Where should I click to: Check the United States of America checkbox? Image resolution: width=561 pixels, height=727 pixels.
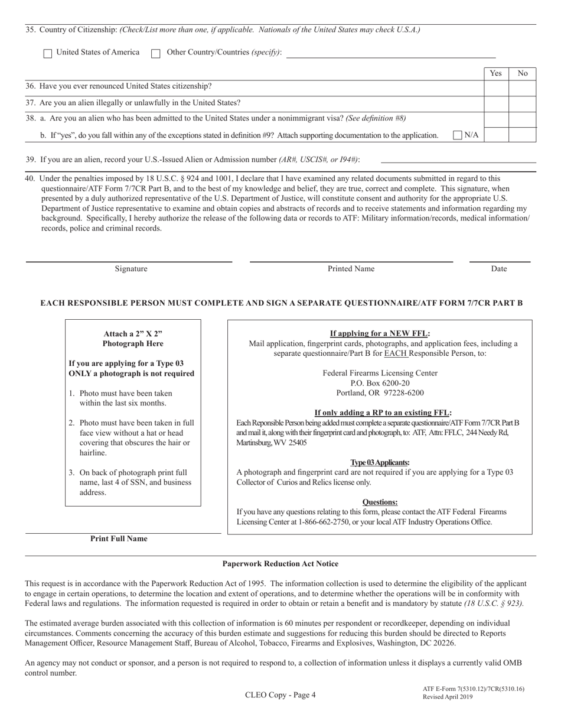coord(48,53)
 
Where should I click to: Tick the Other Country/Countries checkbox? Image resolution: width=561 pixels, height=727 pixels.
coord(156,53)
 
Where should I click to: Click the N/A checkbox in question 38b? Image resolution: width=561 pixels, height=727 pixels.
coord(458,135)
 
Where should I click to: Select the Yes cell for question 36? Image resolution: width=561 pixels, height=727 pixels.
coord(496,87)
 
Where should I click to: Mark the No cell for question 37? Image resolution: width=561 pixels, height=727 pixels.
coord(522,103)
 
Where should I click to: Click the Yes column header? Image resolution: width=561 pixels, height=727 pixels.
coord(496,73)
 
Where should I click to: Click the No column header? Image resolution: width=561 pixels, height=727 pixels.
coord(522,73)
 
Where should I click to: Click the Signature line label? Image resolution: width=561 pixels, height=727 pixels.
coord(131,269)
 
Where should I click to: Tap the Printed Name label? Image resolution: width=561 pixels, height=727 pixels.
coord(351,269)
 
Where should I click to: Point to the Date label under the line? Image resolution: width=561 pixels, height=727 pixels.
coord(498,269)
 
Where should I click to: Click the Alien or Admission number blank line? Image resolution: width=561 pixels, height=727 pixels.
coord(458,160)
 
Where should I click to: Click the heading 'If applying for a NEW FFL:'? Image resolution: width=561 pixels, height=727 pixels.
coord(380,333)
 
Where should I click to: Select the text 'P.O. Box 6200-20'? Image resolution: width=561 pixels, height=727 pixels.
coord(380,383)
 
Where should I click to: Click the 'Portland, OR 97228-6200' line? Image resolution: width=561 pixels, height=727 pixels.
coord(380,393)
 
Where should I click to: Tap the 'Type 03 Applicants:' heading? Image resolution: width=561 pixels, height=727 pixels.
coord(380,462)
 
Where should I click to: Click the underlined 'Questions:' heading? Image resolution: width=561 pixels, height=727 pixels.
coord(380,502)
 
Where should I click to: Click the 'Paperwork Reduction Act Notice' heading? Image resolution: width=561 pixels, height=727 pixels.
coord(280,564)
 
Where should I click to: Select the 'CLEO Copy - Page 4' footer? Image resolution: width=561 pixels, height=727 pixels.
coord(280,695)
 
